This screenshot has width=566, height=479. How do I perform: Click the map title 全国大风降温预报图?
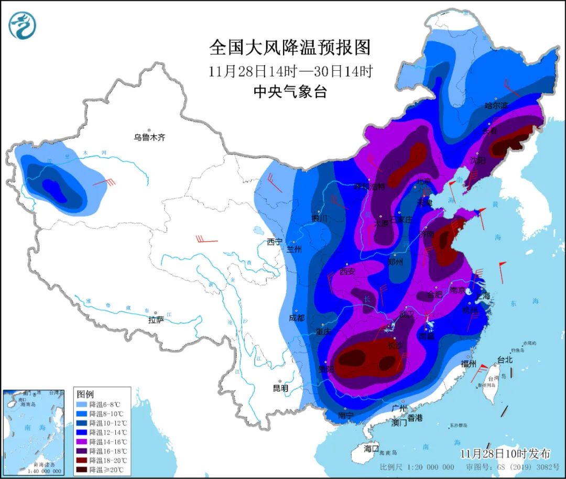click(x=290, y=48)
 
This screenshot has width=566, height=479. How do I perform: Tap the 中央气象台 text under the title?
click(x=290, y=92)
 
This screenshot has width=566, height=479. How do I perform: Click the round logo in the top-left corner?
click(x=23, y=25)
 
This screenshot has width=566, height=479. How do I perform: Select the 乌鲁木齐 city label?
click(x=149, y=137)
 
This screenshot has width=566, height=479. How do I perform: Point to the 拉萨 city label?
click(x=156, y=319)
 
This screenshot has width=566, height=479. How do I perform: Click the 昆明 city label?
click(x=280, y=388)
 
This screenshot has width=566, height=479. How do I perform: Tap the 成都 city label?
click(x=297, y=318)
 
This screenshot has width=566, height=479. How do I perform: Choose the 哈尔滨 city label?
click(x=496, y=105)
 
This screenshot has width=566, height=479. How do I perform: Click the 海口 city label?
click(x=371, y=449)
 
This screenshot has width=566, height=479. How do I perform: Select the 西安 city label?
click(x=347, y=271)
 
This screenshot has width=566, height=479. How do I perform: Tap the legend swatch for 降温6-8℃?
click(x=81, y=405)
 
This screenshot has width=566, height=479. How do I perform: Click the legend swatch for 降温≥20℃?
click(x=81, y=469)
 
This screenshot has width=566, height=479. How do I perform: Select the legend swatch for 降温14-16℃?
click(x=81, y=441)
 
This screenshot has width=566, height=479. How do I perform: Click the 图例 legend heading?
click(x=85, y=394)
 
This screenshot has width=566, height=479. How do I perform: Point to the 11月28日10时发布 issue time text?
click(x=505, y=453)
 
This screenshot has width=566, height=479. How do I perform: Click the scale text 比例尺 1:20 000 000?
click(x=417, y=467)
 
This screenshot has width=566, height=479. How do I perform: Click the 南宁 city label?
click(x=346, y=416)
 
